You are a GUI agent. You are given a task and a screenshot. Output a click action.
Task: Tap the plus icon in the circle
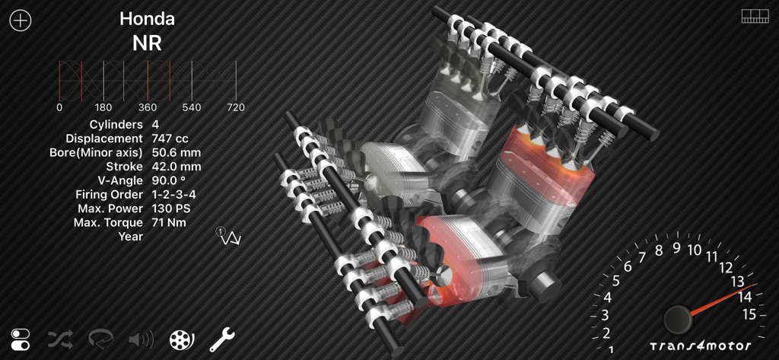(20, 21)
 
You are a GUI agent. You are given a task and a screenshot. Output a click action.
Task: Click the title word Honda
(147, 19)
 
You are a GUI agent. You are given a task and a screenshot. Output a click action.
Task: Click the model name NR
(147, 43)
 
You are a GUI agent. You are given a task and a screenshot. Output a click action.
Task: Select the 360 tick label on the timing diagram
(148, 107)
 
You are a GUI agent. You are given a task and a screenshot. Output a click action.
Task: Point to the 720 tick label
(236, 107)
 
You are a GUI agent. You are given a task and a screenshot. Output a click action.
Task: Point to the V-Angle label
(116, 180)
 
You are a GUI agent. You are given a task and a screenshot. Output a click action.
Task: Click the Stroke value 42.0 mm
(176, 167)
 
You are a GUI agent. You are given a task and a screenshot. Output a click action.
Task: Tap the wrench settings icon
(222, 339)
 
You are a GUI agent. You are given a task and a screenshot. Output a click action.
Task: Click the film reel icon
(182, 339)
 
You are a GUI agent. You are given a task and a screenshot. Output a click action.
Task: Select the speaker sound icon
(141, 339)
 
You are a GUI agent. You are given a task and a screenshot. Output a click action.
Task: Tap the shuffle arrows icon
(61, 339)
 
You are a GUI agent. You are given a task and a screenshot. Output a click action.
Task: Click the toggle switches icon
(21, 339)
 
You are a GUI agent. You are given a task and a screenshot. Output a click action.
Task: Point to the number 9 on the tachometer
(676, 248)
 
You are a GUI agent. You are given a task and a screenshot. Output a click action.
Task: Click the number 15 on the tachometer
(749, 314)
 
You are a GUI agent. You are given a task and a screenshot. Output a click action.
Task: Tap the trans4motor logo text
(700, 346)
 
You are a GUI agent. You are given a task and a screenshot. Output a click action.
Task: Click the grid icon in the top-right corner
(755, 17)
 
